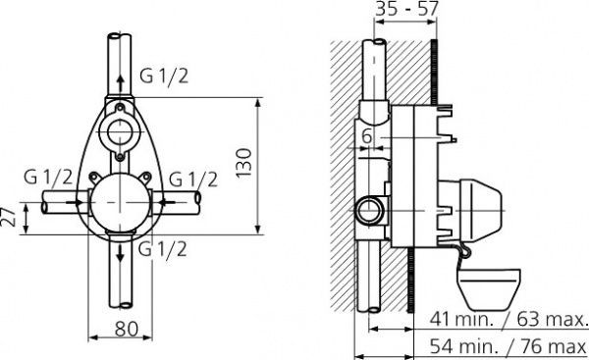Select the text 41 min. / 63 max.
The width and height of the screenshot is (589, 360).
point(509,319)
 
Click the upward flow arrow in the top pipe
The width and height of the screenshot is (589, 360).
point(120,77)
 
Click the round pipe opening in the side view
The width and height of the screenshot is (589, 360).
point(371,208)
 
